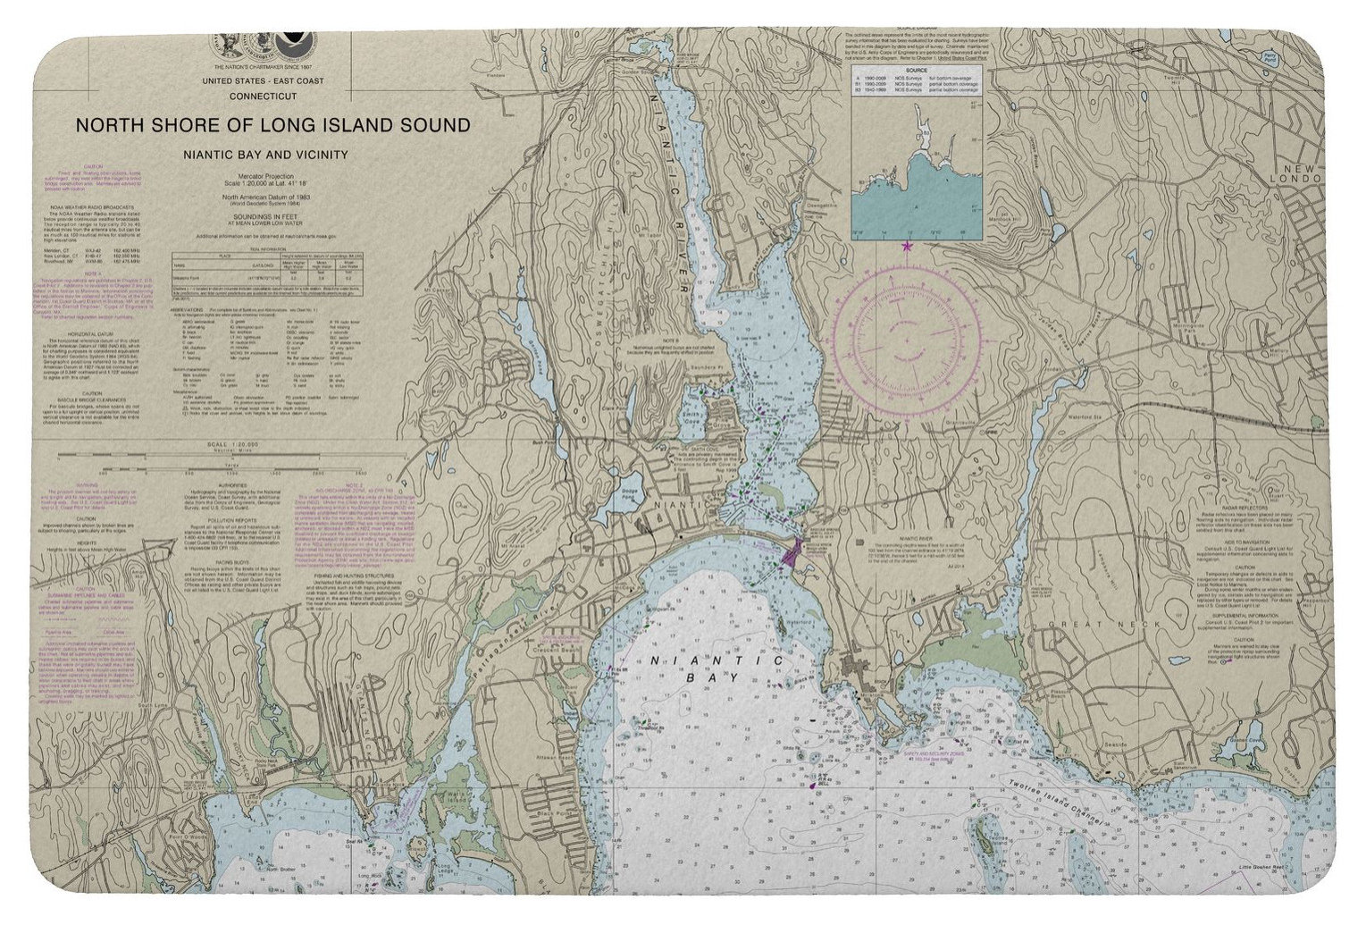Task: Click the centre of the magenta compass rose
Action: point(909,341)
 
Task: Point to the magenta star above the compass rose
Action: point(909,246)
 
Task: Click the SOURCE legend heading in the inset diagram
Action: point(916,69)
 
